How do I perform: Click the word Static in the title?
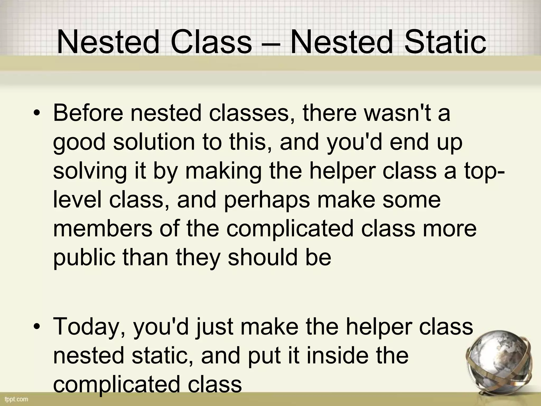click(x=445, y=42)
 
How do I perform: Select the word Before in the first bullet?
click(x=88, y=113)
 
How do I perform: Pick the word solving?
click(x=90, y=171)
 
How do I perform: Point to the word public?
click(x=84, y=258)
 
